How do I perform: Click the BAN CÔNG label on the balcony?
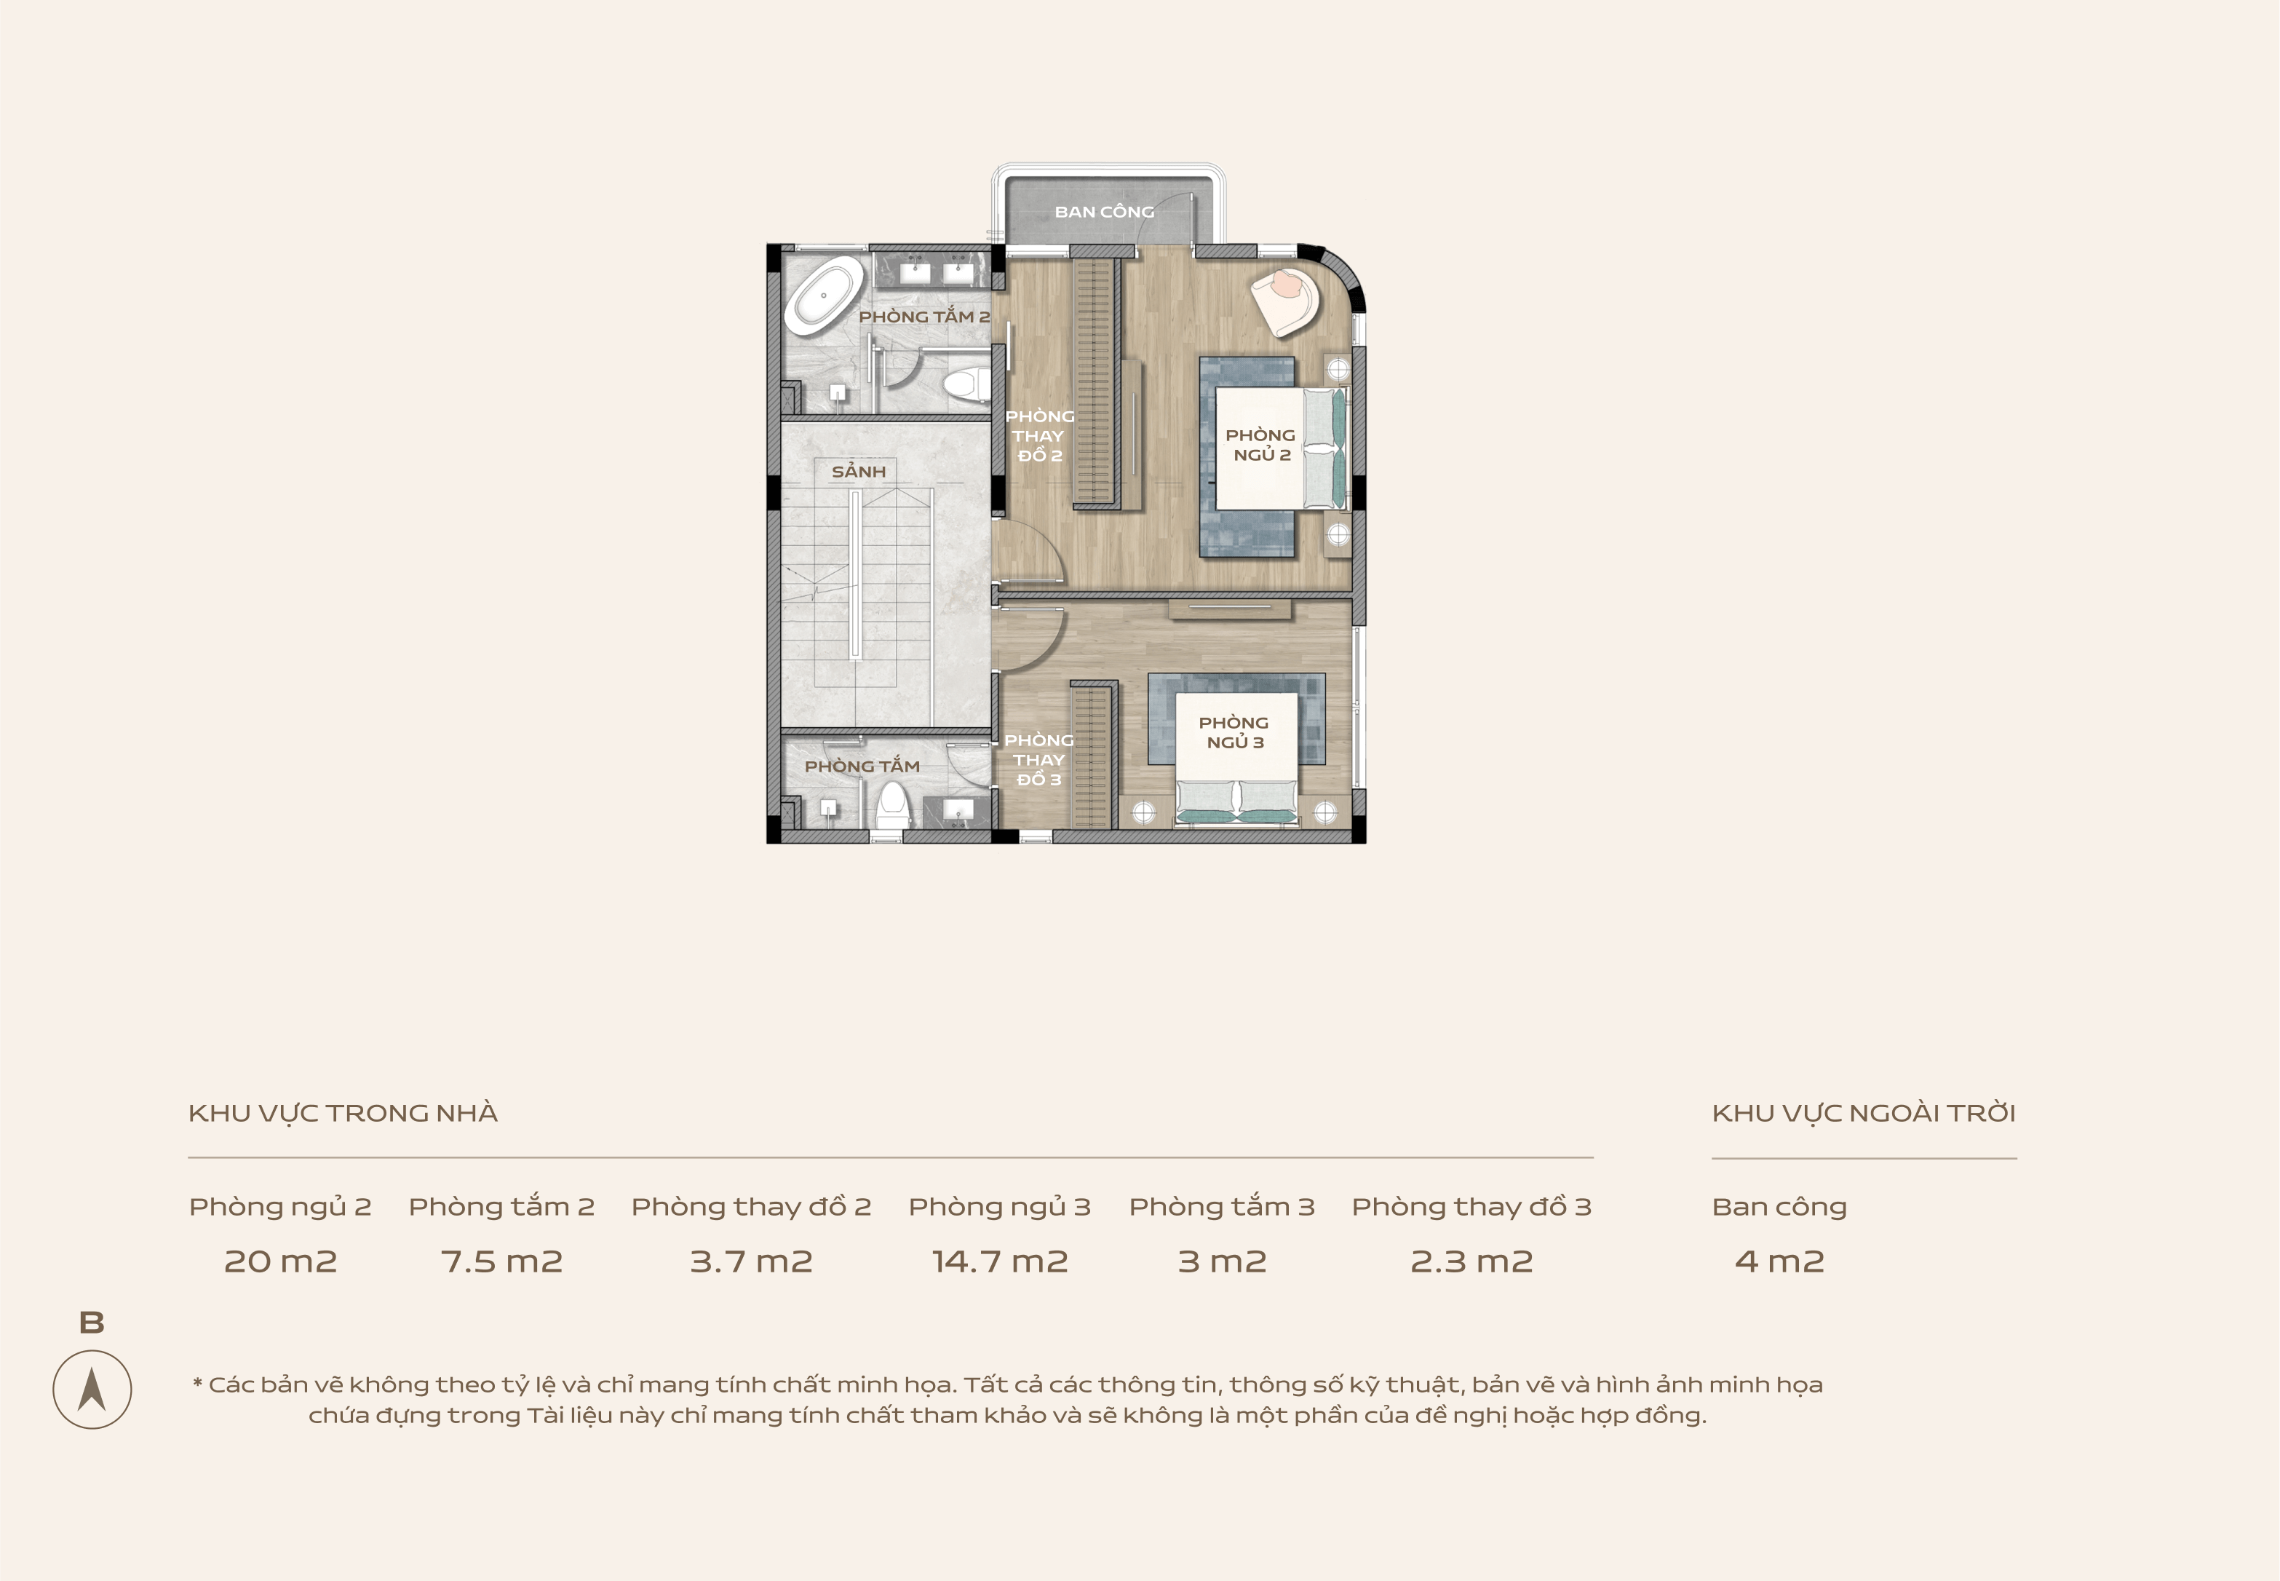1105,212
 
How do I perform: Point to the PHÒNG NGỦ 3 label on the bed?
1234,732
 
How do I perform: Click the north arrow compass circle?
92,1389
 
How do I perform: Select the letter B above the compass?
91,1323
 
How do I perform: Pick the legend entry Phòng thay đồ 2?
751,1207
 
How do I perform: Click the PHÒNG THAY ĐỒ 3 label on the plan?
1039,760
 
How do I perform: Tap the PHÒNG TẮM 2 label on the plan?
924,316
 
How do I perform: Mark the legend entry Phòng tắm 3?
1221,1207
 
